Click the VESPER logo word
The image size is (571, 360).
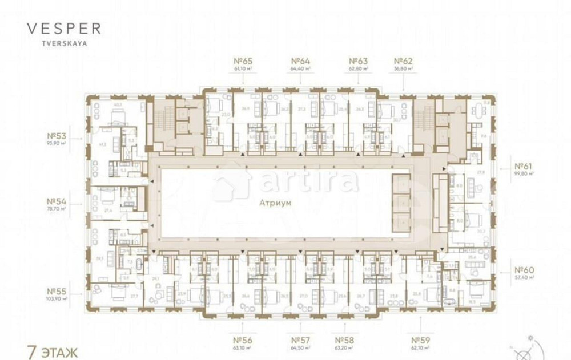click(64, 29)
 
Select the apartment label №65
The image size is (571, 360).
click(243, 61)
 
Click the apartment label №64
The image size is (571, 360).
click(300, 61)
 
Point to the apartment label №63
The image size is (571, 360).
click(358, 61)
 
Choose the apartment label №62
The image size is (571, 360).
click(403, 61)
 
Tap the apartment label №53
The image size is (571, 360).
click(57, 136)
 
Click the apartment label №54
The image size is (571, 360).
click(57, 201)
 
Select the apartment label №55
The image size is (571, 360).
click(57, 290)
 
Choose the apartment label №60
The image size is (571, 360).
click(524, 269)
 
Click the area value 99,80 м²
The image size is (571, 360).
click(524, 176)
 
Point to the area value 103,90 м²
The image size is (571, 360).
click(57, 298)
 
